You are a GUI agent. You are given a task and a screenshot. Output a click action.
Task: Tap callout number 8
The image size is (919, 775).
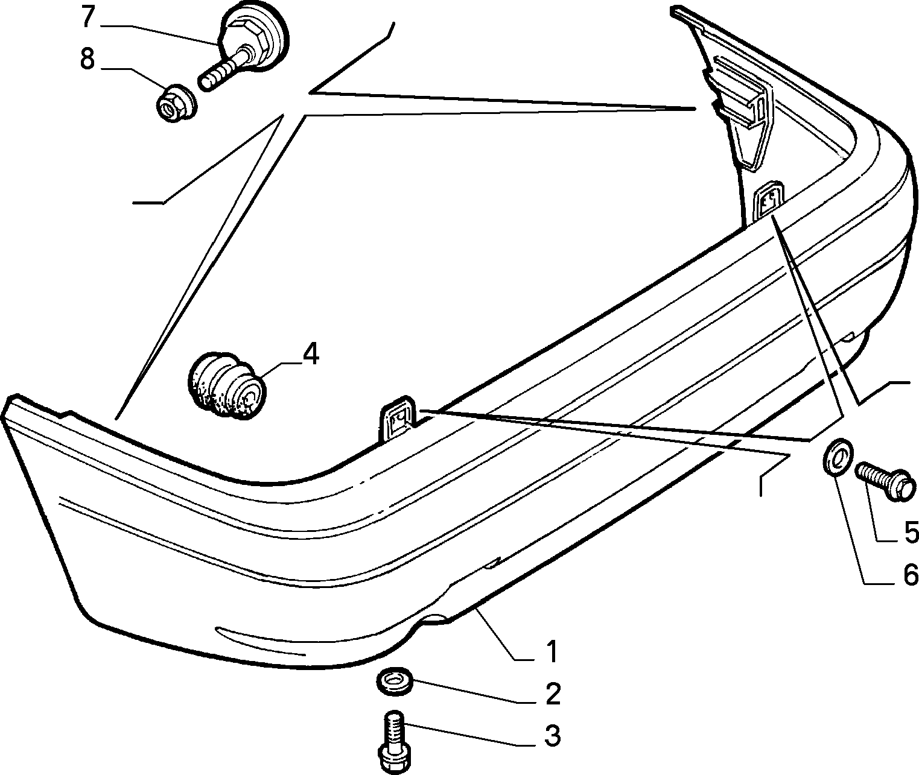(87, 59)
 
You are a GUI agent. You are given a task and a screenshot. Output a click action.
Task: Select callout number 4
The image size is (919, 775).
(311, 354)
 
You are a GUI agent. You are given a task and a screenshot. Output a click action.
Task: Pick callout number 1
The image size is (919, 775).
(552, 652)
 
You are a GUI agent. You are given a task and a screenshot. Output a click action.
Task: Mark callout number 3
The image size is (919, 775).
(553, 735)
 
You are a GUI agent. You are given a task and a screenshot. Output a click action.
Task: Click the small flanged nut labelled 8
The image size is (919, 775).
(176, 104)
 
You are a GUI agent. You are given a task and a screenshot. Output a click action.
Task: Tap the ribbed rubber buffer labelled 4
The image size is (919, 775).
(227, 386)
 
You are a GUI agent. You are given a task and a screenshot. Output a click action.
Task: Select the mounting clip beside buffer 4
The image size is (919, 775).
(398, 422)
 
